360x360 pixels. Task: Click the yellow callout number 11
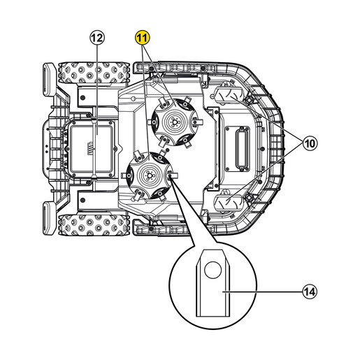[x=143, y=38]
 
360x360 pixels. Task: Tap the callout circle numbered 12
[x=97, y=38]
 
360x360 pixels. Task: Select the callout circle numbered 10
[x=310, y=143]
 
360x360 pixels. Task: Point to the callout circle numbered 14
[x=310, y=291]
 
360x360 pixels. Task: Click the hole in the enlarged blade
[x=213, y=270]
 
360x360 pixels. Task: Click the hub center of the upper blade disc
[x=173, y=122]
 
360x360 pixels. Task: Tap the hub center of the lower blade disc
[x=149, y=175]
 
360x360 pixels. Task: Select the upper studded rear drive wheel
[x=93, y=73]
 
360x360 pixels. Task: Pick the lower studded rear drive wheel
[x=93, y=224]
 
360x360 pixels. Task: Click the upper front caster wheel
[x=229, y=94]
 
